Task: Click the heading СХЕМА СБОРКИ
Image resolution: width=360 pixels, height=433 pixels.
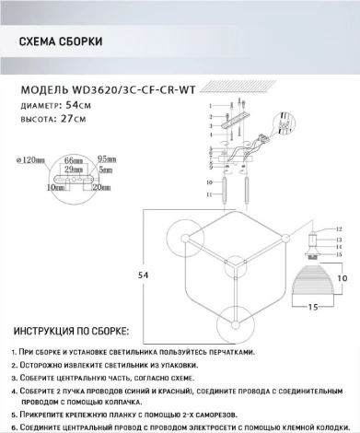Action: pyautogui.click(x=60, y=42)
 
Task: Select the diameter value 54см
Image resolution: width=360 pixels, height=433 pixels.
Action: pyautogui.click(x=82, y=107)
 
